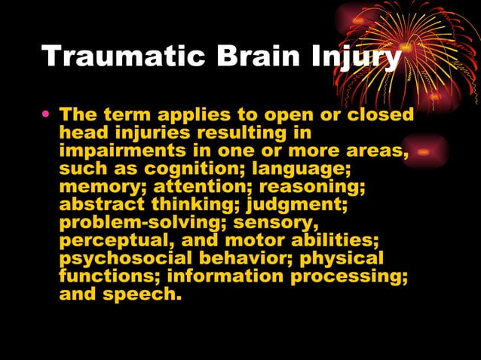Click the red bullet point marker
47,115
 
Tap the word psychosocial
121,258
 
